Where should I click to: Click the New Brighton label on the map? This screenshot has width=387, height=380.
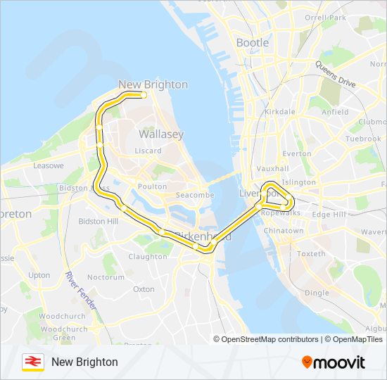153,84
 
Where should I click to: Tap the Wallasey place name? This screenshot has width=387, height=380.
161,134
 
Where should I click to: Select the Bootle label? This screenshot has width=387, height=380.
253,43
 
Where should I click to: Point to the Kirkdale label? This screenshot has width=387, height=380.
280,112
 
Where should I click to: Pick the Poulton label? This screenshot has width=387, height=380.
153,186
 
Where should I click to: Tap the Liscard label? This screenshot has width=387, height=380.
148,151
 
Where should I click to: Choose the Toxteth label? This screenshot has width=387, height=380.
311,253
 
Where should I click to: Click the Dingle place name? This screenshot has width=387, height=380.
317,293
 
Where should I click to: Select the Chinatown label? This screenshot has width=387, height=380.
284,231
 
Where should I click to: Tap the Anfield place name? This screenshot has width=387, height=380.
334,112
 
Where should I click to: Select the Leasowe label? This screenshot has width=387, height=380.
49,165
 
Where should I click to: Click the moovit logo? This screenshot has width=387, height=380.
334,362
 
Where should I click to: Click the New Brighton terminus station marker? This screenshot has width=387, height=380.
144,94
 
